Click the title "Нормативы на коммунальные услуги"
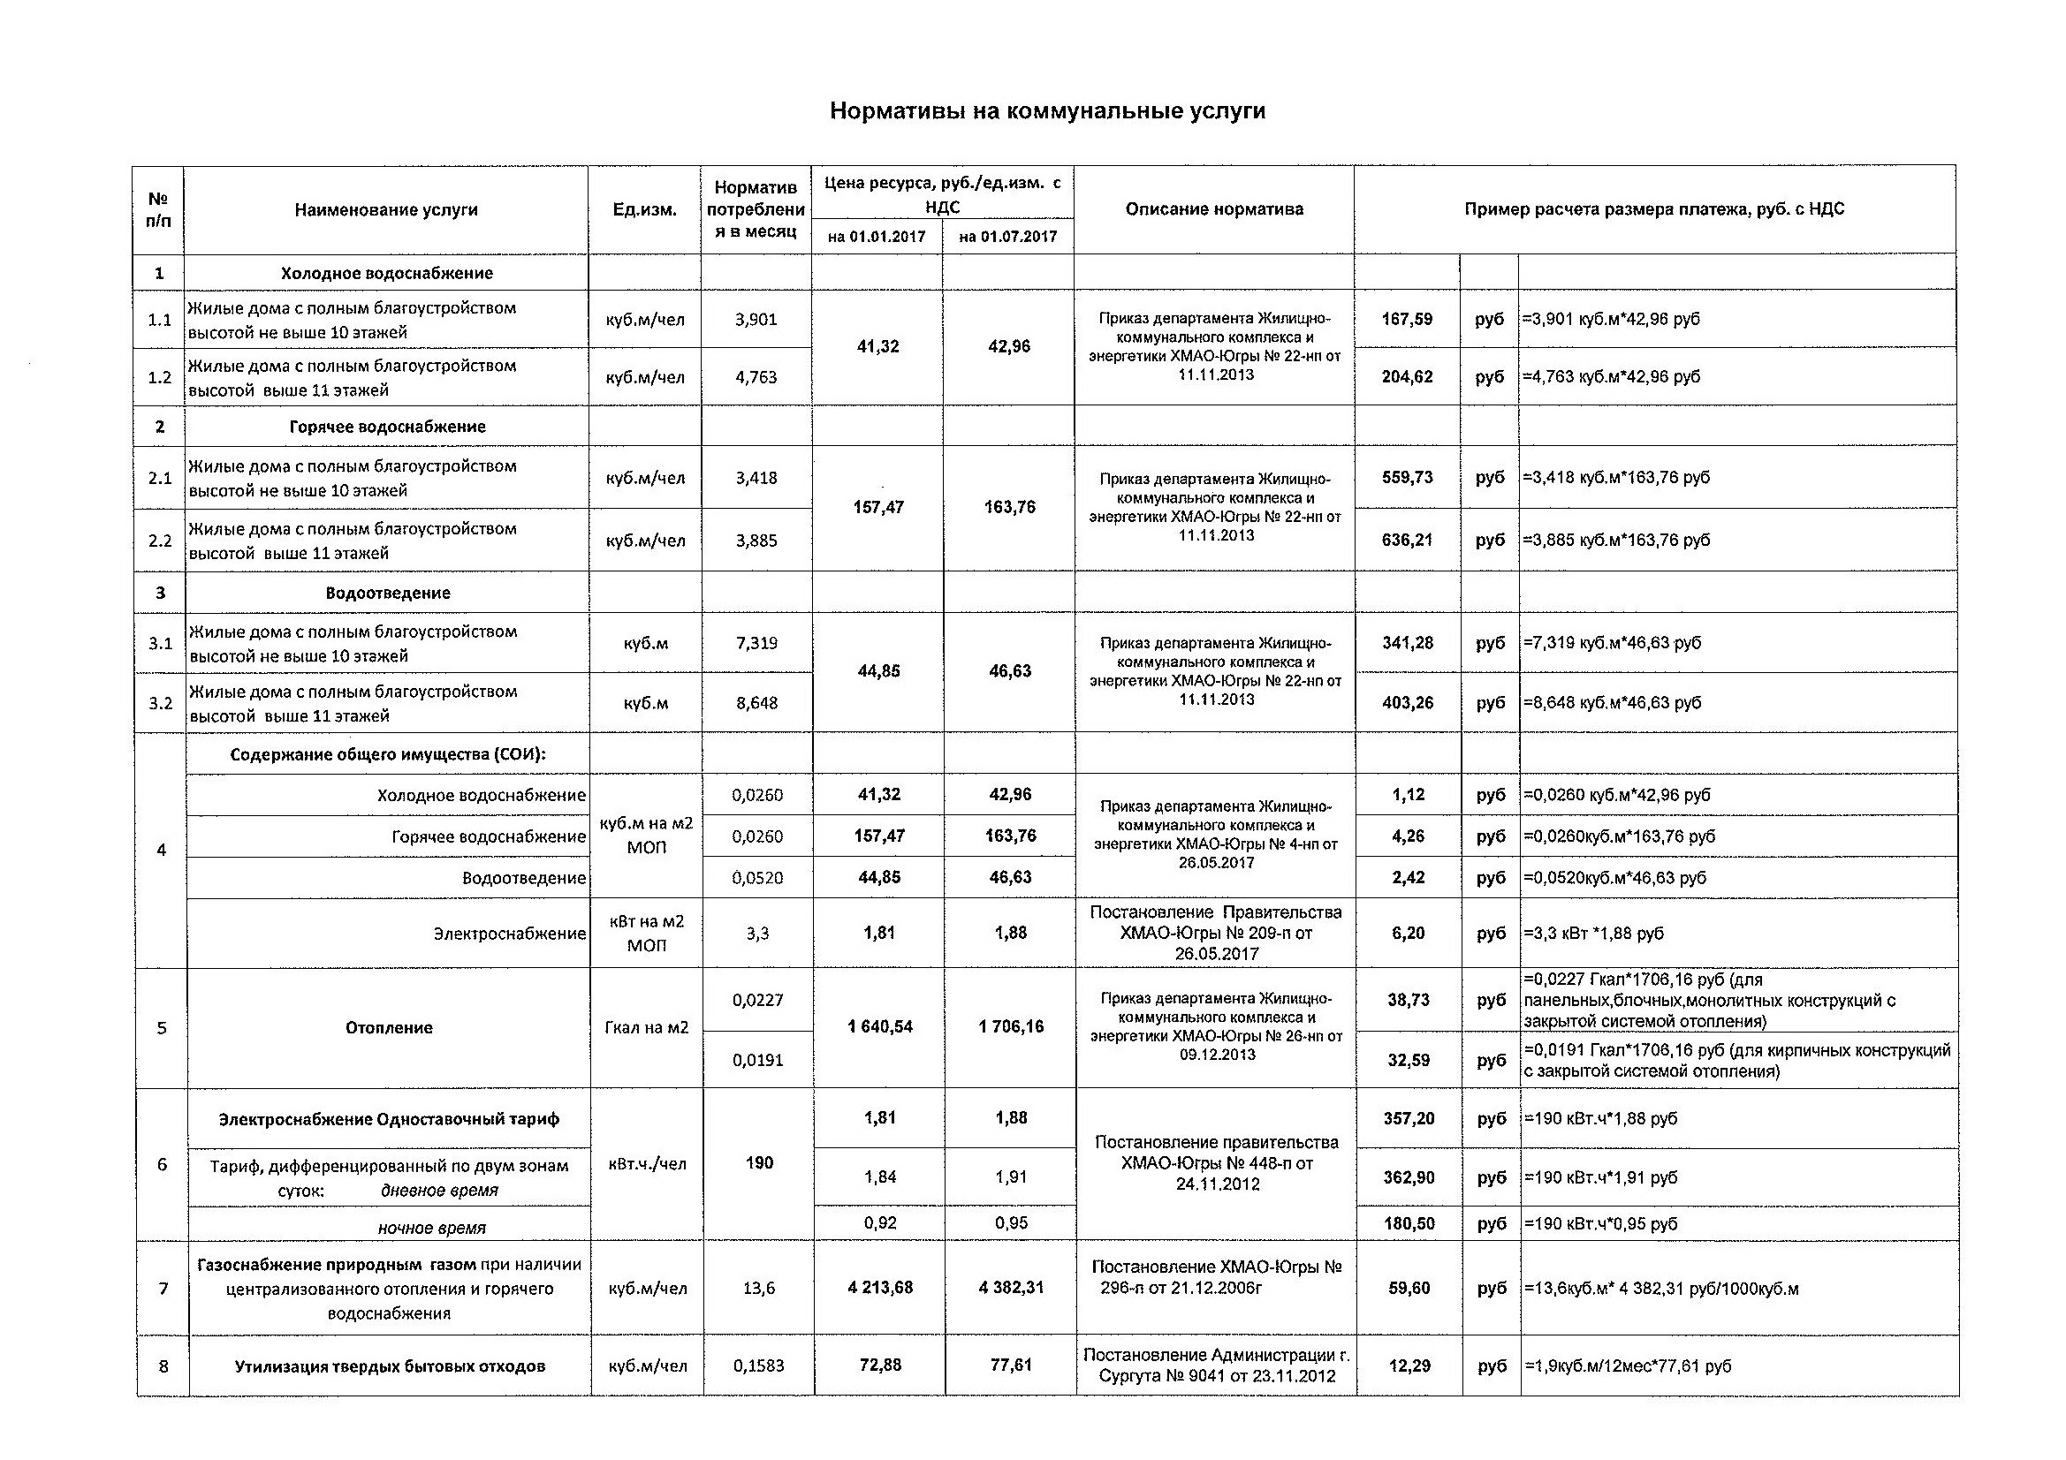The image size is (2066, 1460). coord(1046,110)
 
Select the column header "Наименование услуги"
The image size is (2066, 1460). coord(386,210)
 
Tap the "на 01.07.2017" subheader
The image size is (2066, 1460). coord(1007,237)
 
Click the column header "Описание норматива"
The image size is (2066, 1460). coord(1214,209)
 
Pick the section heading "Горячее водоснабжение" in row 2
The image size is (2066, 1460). coord(387,427)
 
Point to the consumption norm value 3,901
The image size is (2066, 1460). coord(756,320)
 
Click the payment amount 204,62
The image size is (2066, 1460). coord(1408,377)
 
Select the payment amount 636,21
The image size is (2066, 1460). coord(1408,541)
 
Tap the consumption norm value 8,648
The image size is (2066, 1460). coord(756,702)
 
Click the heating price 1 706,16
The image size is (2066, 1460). coord(1011,1026)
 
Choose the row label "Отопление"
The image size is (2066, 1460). coord(389,1027)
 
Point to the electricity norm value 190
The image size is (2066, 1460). coord(759,1163)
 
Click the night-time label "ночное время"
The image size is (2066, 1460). coord(432,1228)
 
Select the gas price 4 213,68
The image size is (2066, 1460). coord(880,1287)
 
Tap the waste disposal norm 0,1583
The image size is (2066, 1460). coord(758,1365)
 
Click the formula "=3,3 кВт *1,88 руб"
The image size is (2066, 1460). coord(1592,933)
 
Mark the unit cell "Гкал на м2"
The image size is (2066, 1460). coord(647,1027)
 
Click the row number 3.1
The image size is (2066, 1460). coord(160,643)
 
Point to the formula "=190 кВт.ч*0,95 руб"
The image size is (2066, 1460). coord(1600,1223)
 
